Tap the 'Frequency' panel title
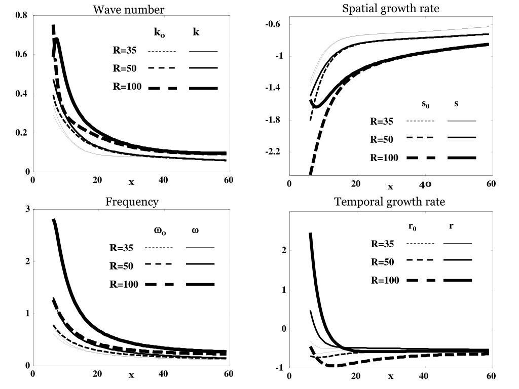click(x=132, y=202)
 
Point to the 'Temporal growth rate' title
click(x=390, y=202)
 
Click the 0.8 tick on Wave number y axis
click(x=22, y=15)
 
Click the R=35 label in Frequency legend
click(x=121, y=248)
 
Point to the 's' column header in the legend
click(x=456, y=104)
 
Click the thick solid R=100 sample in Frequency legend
click(x=200, y=284)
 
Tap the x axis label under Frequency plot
click(x=131, y=375)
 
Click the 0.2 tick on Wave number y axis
click(x=22, y=133)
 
